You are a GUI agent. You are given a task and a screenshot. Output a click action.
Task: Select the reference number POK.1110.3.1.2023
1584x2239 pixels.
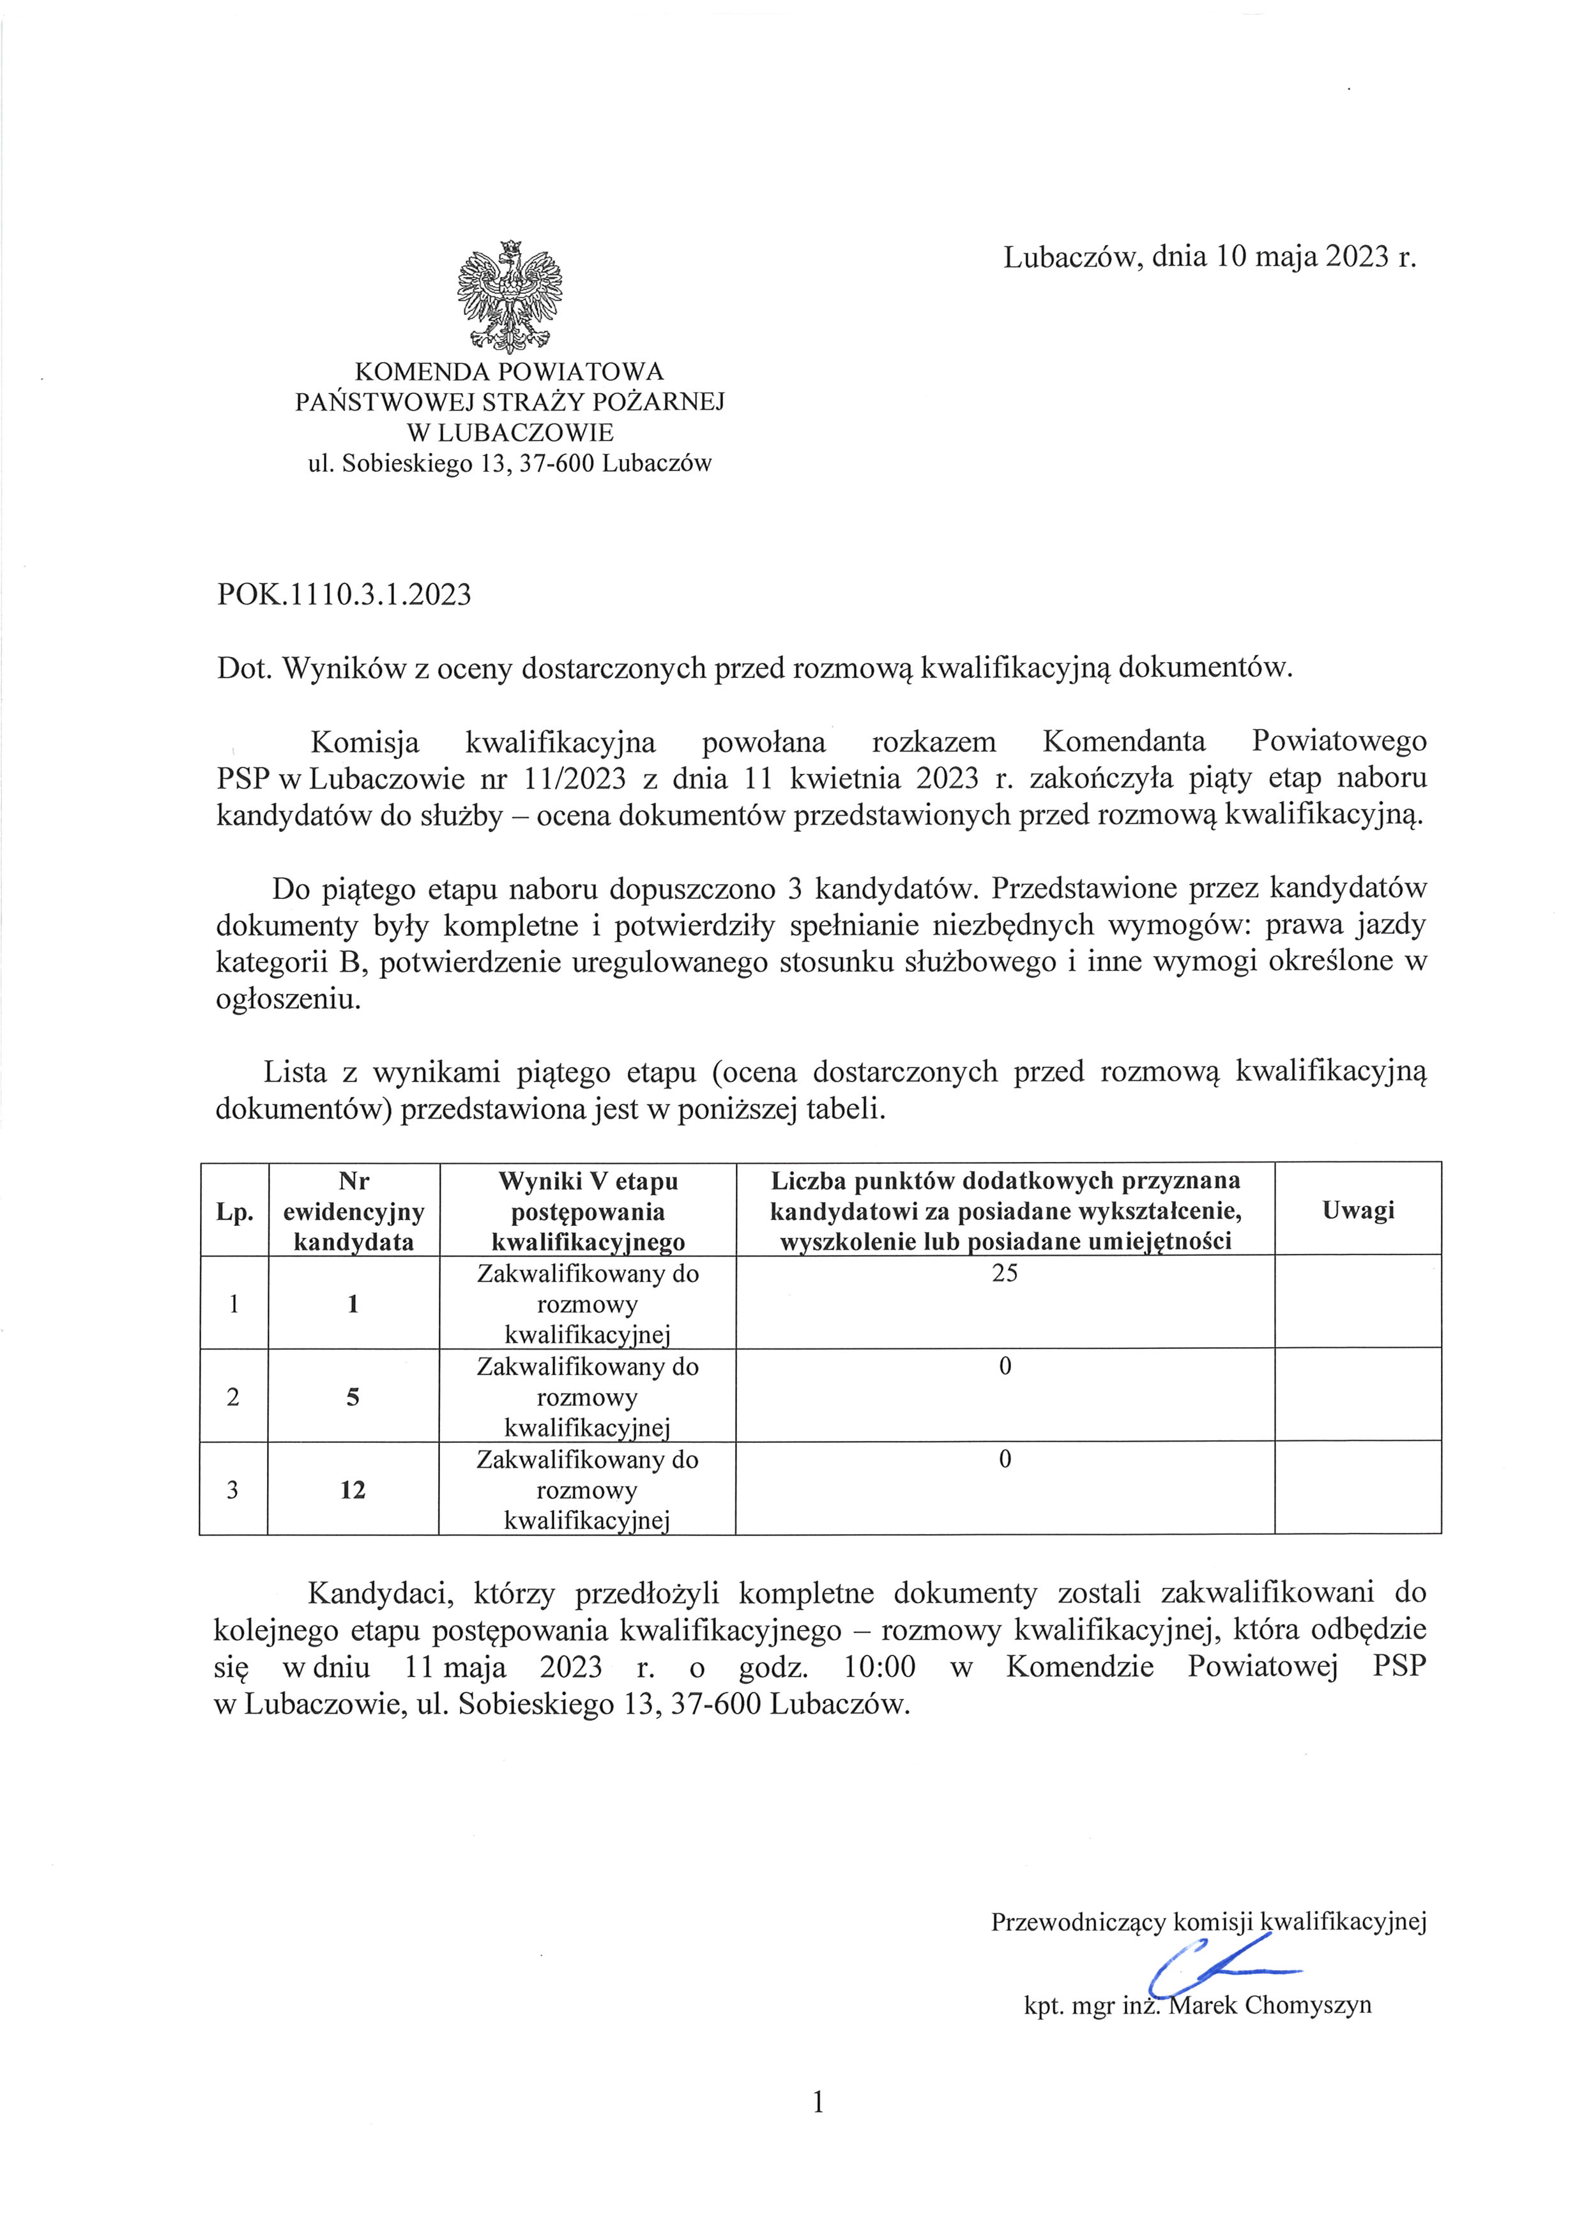tap(344, 595)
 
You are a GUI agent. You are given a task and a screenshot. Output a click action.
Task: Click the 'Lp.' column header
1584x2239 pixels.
tap(234, 1212)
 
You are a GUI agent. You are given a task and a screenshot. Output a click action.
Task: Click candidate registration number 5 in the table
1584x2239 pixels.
tap(353, 1396)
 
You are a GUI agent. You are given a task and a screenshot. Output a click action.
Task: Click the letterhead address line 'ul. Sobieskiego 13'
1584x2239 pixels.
tap(509, 464)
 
